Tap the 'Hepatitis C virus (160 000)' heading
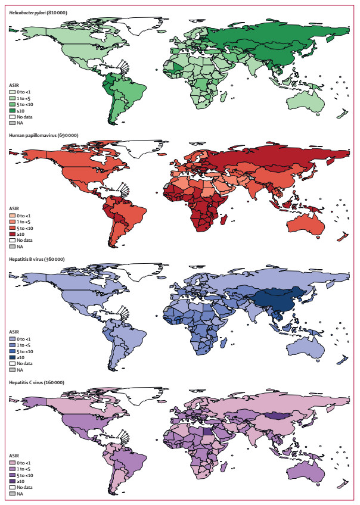38,381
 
